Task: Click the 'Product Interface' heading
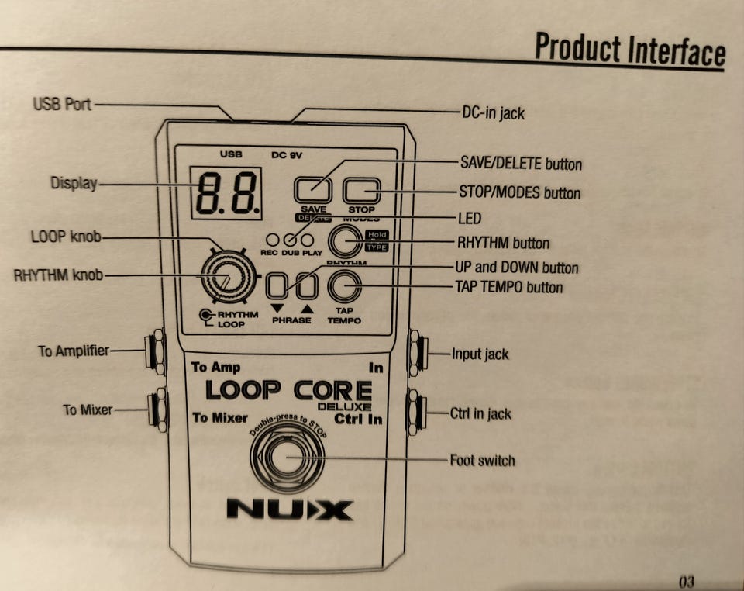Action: [629, 50]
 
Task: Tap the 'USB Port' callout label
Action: [62, 103]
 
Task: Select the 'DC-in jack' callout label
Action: [493, 113]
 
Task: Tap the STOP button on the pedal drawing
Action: [361, 190]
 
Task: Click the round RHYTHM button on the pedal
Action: [346, 241]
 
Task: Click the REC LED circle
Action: [270, 240]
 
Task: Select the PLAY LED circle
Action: [308, 240]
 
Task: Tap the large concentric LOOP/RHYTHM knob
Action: [226, 277]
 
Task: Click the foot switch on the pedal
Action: [288, 458]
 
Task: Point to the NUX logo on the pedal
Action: [289, 510]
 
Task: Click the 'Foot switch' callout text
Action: [482, 461]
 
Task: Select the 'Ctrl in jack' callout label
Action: [480, 413]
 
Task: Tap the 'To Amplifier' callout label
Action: [74, 351]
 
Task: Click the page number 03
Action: [686, 580]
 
